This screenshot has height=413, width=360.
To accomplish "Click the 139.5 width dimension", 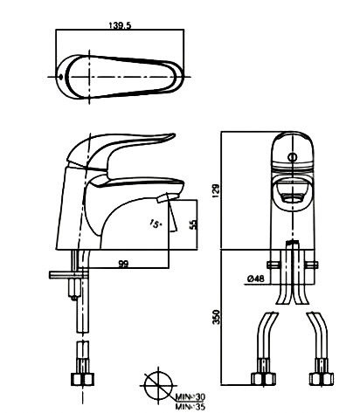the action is pyautogui.click(x=120, y=25).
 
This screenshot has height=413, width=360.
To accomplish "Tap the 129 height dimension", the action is pyautogui.click(x=217, y=190).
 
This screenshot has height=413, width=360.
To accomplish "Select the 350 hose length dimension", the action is pyautogui.click(x=217, y=317).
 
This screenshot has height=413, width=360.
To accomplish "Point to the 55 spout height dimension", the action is pyautogui.click(x=193, y=224).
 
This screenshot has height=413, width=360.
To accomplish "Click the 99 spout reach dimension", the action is pyautogui.click(x=123, y=264).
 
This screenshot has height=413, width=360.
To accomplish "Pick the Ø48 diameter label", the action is pyautogui.click(x=256, y=279).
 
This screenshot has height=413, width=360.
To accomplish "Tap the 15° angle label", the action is pyautogui.click(x=156, y=224).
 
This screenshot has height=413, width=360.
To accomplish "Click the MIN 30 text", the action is pyautogui.click(x=190, y=396).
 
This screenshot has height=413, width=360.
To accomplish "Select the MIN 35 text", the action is pyautogui.click(x=190, y=406).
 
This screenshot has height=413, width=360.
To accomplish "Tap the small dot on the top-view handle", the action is pyautogui.click(x=60, y=77).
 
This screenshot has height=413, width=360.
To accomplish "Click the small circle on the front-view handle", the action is pyautogui.click(x=293, y=157).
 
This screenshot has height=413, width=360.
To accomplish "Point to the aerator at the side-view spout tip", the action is pyautogui.click(x=167, y=198).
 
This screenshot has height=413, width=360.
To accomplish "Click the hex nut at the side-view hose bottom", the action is pyautogui.click(x=82, y=380).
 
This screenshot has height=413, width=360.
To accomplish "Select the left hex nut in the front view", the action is pyautogui.click(x=263, y=379).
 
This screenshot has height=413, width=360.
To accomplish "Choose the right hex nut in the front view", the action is pyautogui.click(x=322, y=379).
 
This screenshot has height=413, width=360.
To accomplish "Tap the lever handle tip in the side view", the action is pyautogui.click(x=173, y=135).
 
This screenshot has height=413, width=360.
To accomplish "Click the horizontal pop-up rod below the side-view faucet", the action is pyautogui.click(x=68, y=274).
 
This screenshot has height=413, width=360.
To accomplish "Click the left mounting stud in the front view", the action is pyautogui.click(x=273, y=265).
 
